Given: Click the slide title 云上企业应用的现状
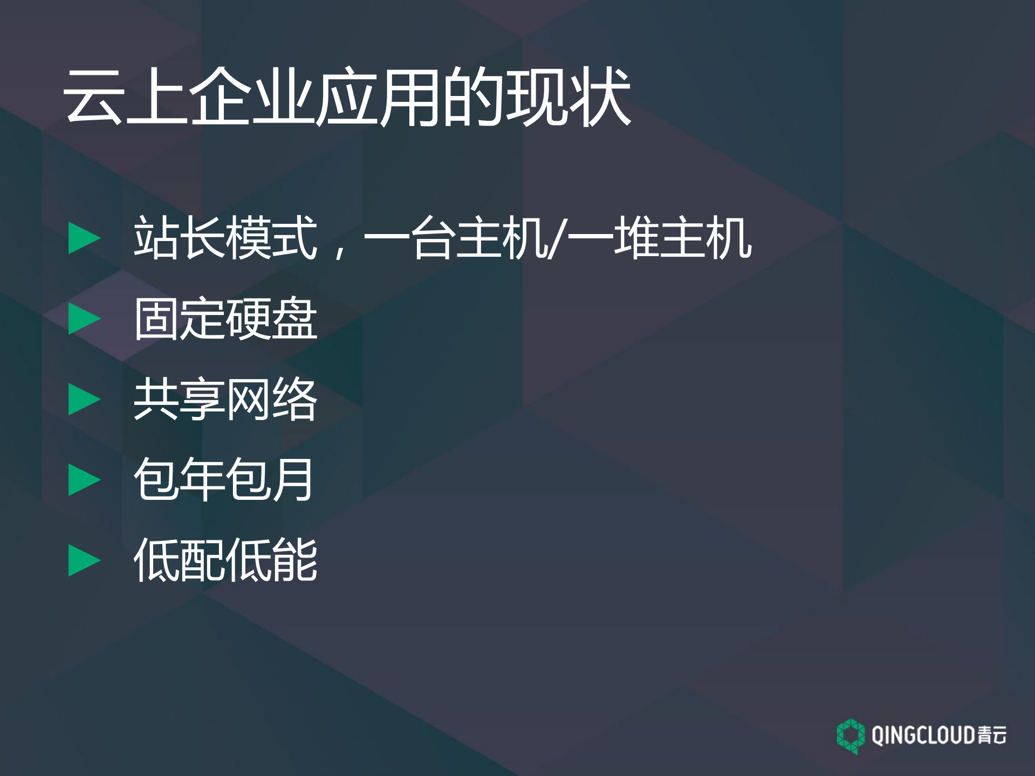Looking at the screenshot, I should point(347,97).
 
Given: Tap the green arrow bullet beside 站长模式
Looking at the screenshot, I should point(84,238).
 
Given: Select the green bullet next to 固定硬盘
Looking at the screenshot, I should point(84,318).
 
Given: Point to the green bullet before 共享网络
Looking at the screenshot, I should point(84,399).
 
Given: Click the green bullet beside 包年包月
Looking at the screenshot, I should point(84,479).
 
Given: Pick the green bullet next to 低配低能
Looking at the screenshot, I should point(84,560).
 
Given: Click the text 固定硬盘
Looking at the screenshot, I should point(225,319).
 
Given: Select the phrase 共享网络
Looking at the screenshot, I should point(225,399).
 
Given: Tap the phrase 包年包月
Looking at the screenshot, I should point(223,479).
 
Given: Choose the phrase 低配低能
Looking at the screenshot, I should point(225,560).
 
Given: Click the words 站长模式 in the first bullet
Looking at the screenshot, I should point(225,238).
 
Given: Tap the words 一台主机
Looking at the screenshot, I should point(456,238).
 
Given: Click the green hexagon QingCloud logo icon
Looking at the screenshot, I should point(851,736).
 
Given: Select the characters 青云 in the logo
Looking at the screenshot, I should point(991,736).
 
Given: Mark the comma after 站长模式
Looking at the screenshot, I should point(340,251).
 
